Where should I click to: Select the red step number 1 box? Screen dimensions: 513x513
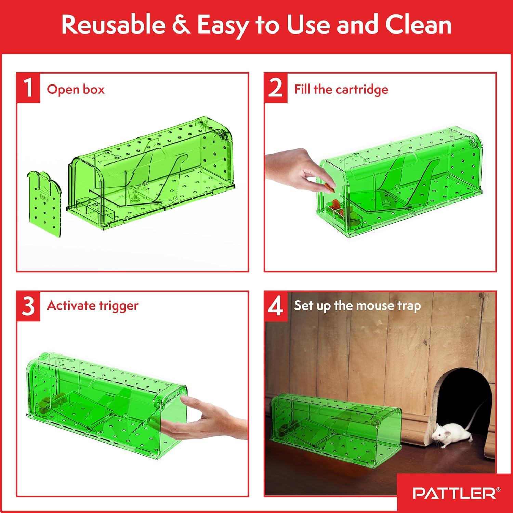(28, 88)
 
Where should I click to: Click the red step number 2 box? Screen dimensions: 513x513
(276, 88)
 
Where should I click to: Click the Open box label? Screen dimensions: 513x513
(76, 89)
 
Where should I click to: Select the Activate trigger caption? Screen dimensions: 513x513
(92, 305)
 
